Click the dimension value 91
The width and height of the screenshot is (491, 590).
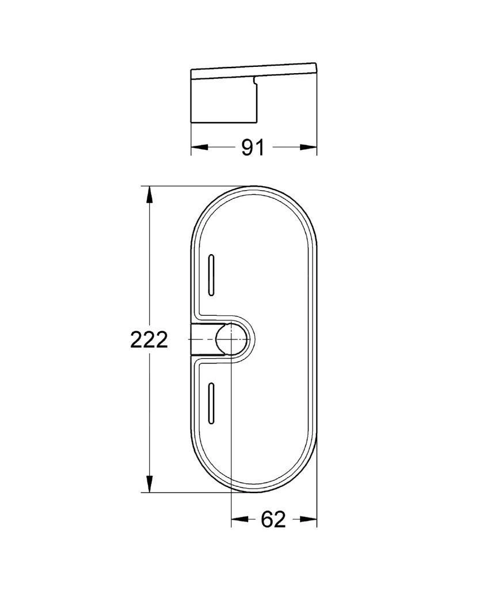252,147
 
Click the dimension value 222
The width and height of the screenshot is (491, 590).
149,340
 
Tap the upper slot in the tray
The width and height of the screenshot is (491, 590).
212,275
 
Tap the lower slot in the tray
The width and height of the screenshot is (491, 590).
212,404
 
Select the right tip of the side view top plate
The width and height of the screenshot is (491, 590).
316,63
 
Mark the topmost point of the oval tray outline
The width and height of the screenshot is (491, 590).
254,187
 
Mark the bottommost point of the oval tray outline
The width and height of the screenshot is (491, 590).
254,493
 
